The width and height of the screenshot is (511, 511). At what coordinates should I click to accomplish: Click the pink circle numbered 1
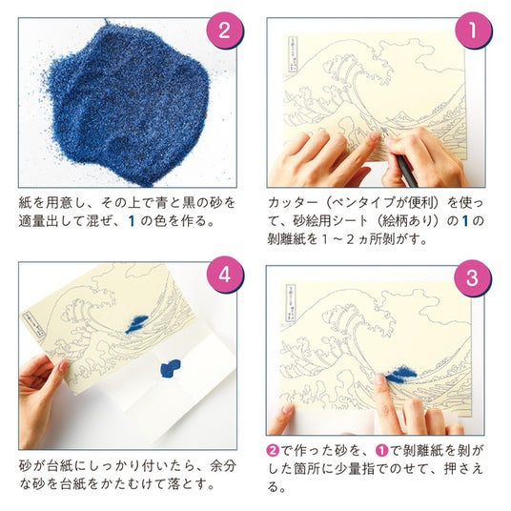point(473,31)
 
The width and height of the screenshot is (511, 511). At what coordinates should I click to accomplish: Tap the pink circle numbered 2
point(225,31)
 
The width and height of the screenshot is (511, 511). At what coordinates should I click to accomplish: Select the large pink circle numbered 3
point(473,278)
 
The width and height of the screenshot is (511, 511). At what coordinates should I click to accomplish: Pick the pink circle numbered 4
point(225,275)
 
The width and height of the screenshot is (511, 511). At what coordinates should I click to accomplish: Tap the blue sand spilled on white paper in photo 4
point(170,368)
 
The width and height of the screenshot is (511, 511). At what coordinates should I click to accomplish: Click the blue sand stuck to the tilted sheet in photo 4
point(136,323)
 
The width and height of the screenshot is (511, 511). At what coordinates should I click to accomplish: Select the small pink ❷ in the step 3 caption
point(273,451)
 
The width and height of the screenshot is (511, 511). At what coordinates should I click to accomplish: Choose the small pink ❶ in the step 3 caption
point(382,451)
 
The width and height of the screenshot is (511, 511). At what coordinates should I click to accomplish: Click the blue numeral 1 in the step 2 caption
point(132,221)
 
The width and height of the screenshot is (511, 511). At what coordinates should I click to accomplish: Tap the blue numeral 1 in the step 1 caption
point(465,221)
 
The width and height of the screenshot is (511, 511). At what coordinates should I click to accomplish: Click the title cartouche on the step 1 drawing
point(293,54)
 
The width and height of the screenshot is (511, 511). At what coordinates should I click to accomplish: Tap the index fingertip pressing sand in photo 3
point(379,379)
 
